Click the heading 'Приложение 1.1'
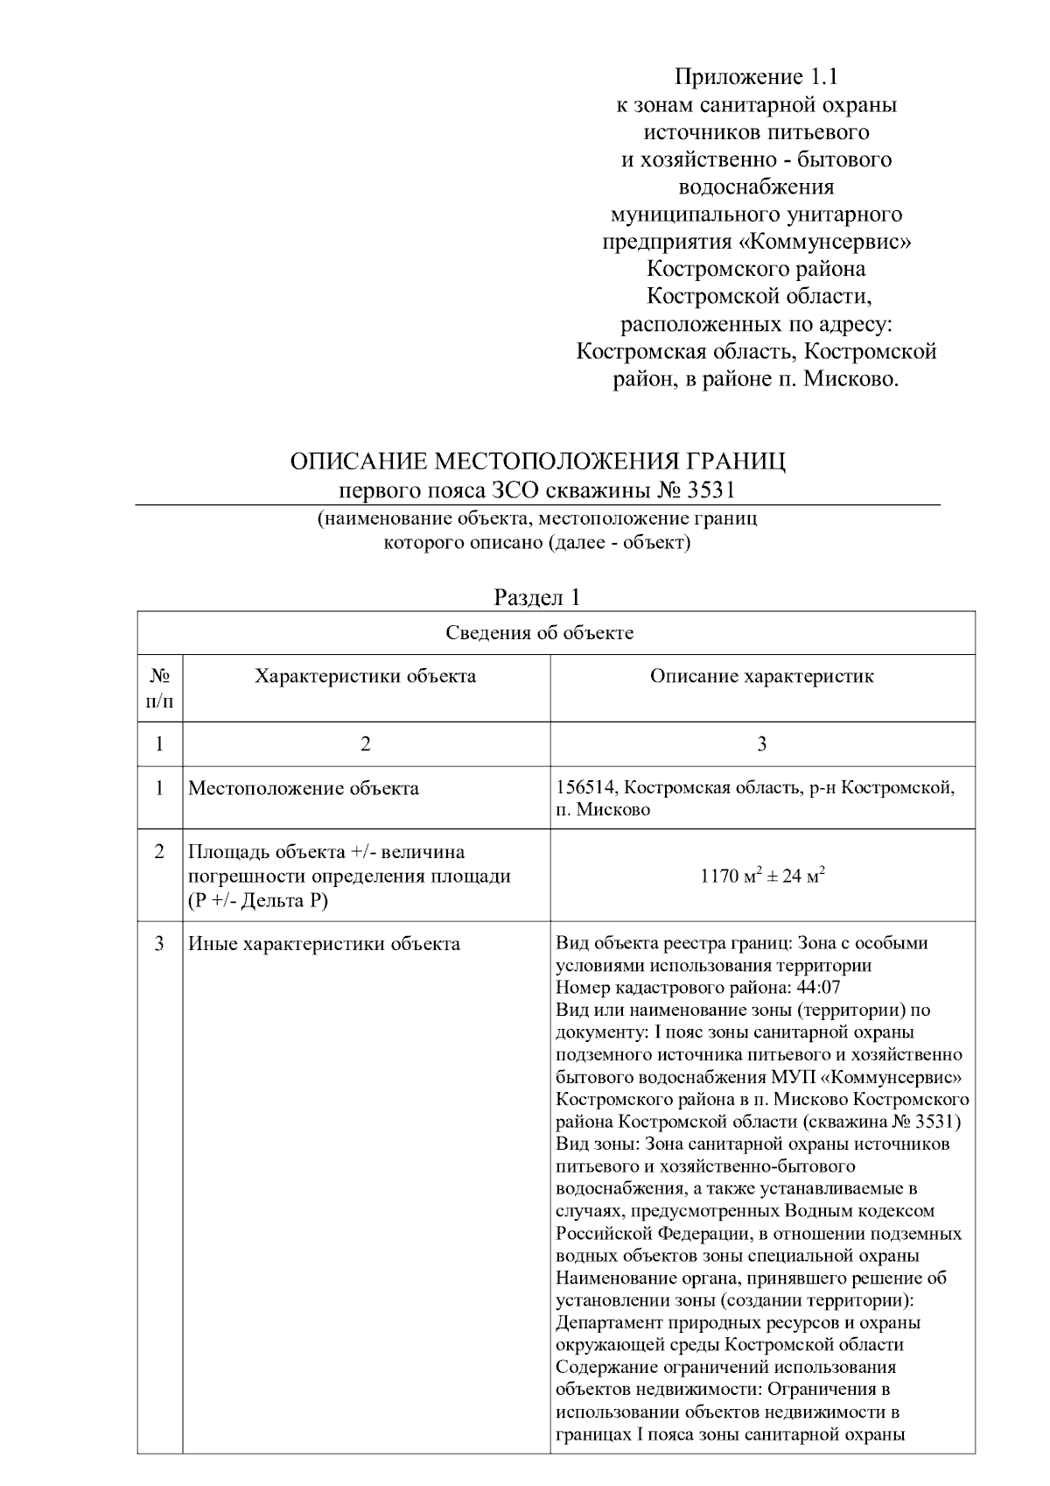tap(756, 77)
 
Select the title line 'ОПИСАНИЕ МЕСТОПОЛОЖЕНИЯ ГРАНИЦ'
tap(537, 461)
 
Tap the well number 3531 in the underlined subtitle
tap(712, 489)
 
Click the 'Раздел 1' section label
tap(537, 597)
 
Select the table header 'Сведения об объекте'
tap(540, 633)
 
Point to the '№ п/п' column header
tap(159, 688)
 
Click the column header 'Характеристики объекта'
tap(366, 676)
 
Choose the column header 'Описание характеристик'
tap(761, 676)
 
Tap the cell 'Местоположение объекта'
tap(304, 788)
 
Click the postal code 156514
tap(586, 787)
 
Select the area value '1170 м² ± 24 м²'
tap(762, 876)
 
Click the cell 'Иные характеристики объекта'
tap(324, 944)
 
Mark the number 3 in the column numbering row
tap(762, 744)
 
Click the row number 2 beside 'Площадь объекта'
tap(159, 852)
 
